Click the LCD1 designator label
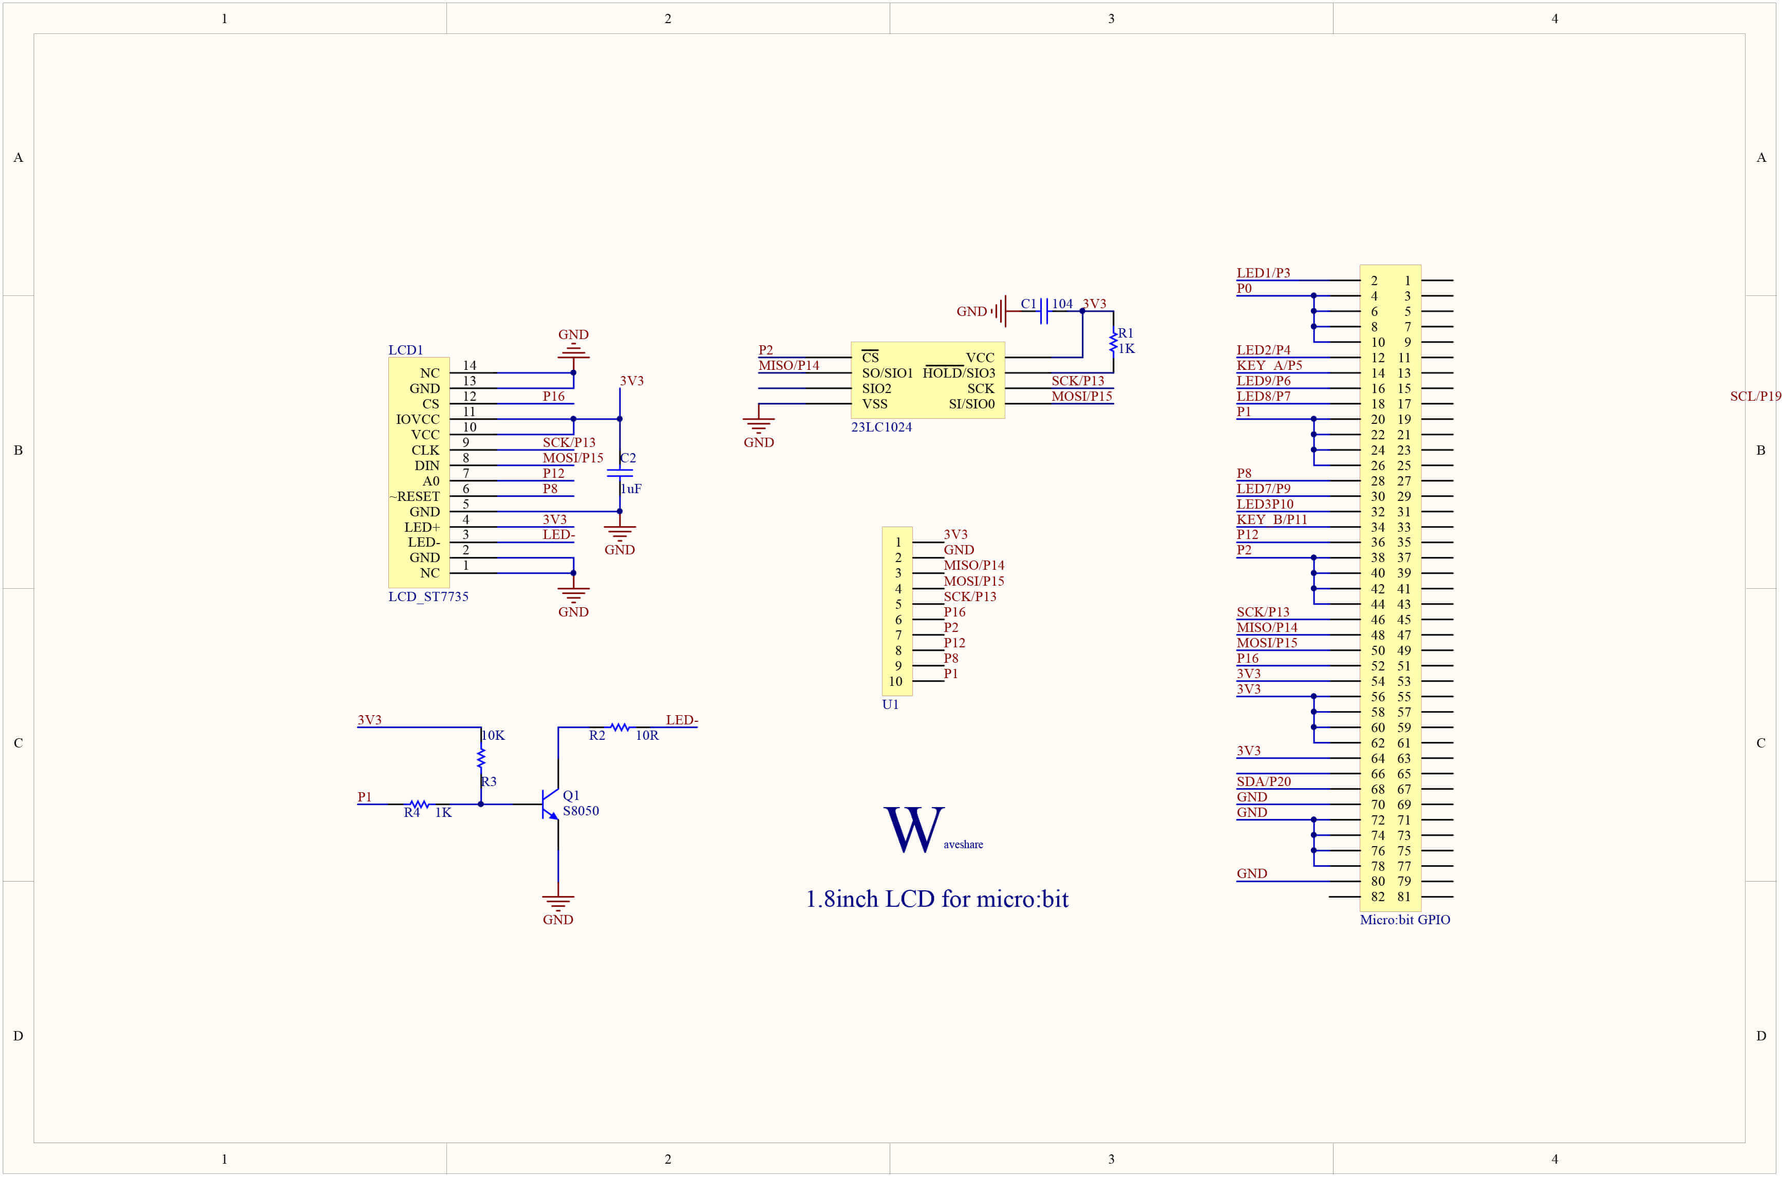(405, 350)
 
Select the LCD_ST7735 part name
(428, 597)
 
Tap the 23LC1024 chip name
(881, 427)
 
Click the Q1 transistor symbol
(551, 804)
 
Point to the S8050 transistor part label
(581, 811)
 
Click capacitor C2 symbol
(620, 473)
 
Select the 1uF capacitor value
(631, 489)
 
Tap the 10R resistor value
(647, 736)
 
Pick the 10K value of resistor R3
(493, 736)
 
